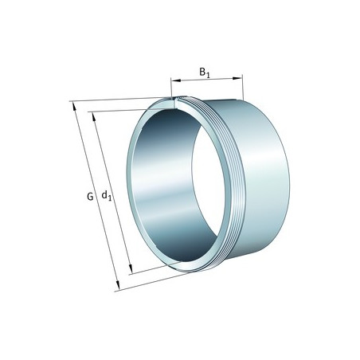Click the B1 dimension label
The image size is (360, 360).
click(x=205, y=72)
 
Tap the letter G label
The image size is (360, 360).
click(x=90, y=197)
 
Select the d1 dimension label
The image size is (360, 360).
click(x=107, y=195)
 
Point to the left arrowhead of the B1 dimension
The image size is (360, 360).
click(x=176, y=80)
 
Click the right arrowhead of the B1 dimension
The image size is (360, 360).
click(x=237, y=78)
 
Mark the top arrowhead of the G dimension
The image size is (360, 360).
click(x=74, y=106)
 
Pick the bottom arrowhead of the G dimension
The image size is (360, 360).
click(x=118, y=285)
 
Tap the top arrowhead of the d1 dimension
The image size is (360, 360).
click(x=94, y=117)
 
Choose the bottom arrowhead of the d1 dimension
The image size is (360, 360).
click(x=130, y=268)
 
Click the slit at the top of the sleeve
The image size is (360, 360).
click(x=175, y=103)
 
